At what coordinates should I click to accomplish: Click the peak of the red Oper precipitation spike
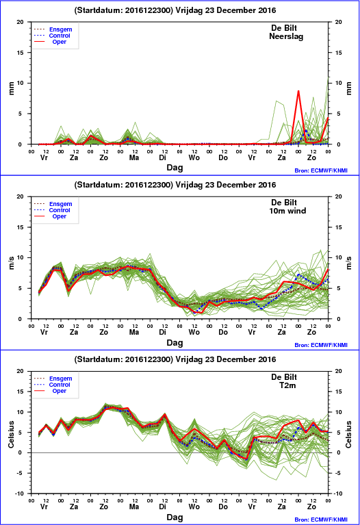[298, 91]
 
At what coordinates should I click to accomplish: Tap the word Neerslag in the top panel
[286, 36]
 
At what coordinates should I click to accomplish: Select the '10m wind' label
[287, 211]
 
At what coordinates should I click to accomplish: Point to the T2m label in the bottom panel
[287, 385]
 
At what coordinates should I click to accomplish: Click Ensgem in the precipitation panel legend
[61, 29]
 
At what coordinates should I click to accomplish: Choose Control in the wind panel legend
[60, 210]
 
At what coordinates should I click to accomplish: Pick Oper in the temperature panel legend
[60, 391]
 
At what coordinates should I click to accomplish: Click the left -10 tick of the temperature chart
[20, 494]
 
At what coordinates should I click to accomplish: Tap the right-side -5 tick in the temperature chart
[337, 473]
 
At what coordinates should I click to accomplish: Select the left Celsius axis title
[11, 434]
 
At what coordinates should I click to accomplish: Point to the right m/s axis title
[349, 263]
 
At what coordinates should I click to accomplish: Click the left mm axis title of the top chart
[11, 88]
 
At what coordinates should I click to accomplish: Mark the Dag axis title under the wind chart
[175, 342]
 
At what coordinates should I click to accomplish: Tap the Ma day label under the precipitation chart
[134, 157]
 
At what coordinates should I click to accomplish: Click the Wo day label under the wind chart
[194, 332]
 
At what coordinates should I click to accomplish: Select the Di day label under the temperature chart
[162, 507]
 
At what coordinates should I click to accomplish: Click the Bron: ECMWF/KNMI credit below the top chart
[321, 170]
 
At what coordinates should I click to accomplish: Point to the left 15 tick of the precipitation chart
[21, 53]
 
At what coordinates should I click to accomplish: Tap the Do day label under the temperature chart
[223, 507]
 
